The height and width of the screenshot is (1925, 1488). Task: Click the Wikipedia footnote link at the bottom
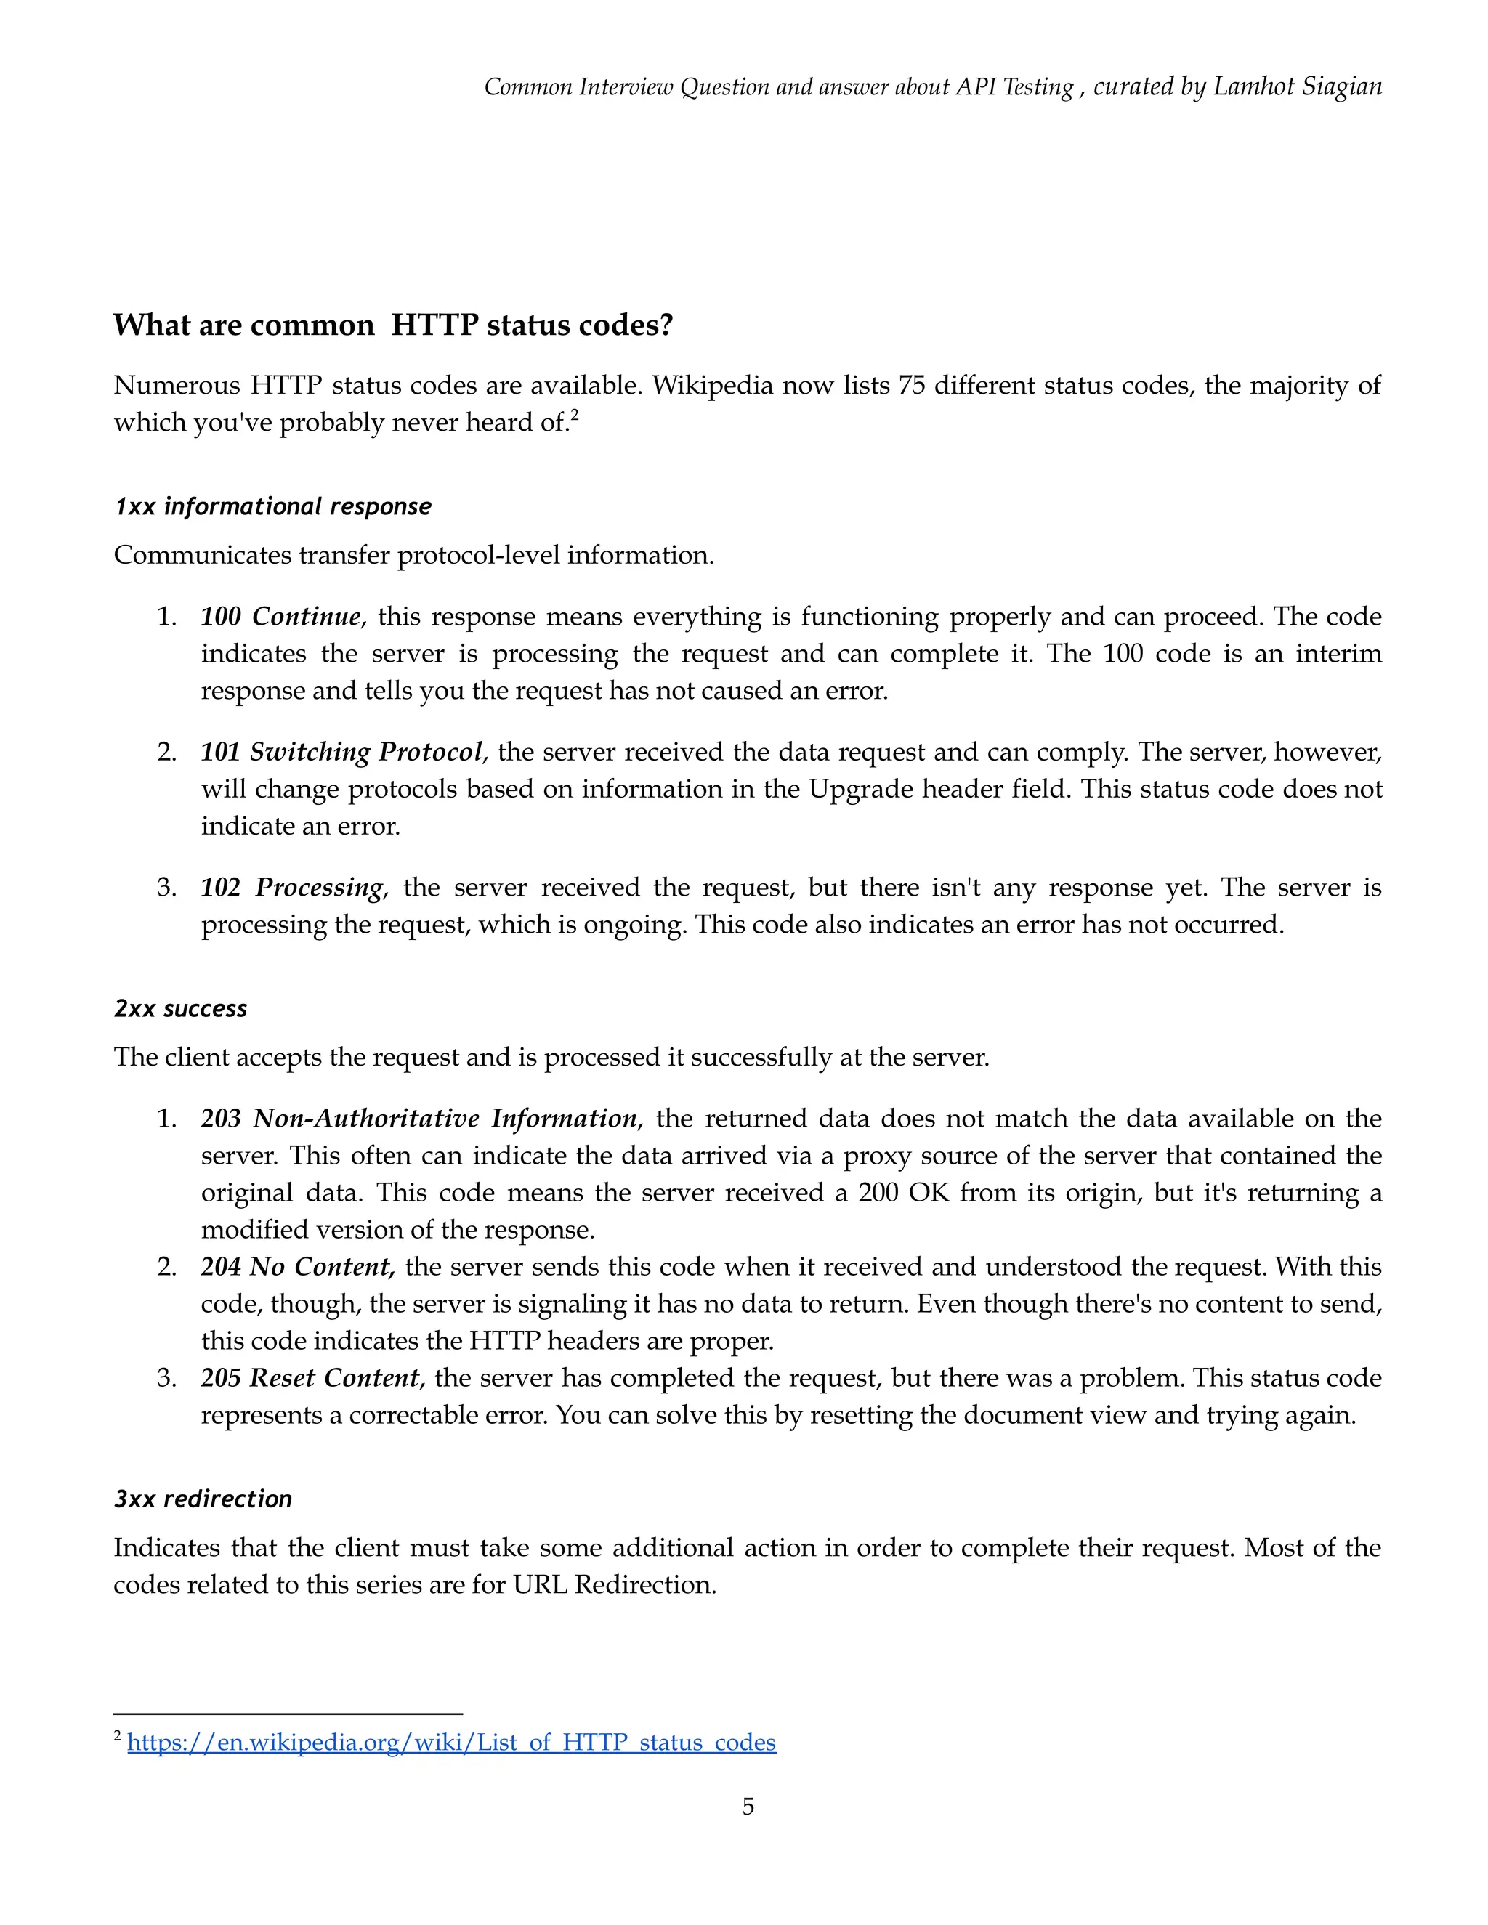(451, 1743)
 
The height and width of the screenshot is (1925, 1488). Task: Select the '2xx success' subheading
(181, 1008)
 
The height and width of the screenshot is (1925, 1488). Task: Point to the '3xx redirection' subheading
(203, 1499)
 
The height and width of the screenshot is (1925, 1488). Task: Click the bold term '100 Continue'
(280, 616)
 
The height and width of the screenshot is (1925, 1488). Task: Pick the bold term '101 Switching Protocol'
(342, 752)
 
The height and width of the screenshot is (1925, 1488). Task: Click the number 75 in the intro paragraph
(910, 386)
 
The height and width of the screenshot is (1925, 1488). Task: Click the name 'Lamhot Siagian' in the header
(1297, 86)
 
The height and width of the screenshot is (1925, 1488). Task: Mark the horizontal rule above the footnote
(288, 1714)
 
